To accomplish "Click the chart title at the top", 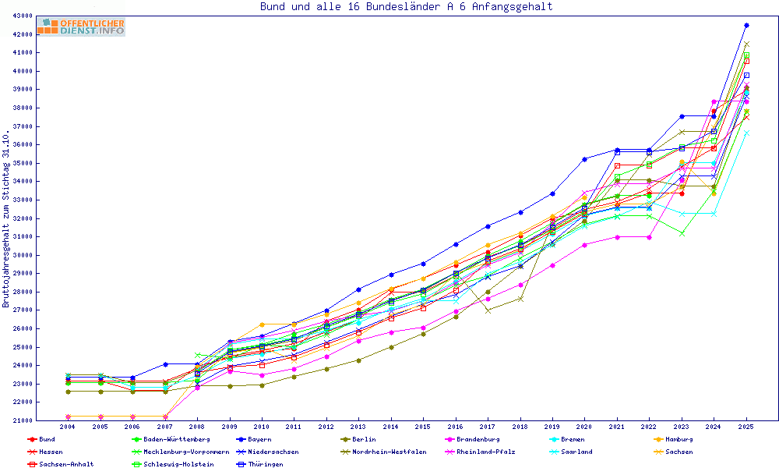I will point(406,7).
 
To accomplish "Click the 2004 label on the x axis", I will point(68,427).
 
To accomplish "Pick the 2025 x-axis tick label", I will point(746,427).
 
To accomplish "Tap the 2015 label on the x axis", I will point(423,427).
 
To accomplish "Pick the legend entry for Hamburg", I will point(674,440).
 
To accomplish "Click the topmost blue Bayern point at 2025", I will point(746,26).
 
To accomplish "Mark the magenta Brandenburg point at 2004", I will point(68,417).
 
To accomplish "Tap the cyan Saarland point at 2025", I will point(746,133).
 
